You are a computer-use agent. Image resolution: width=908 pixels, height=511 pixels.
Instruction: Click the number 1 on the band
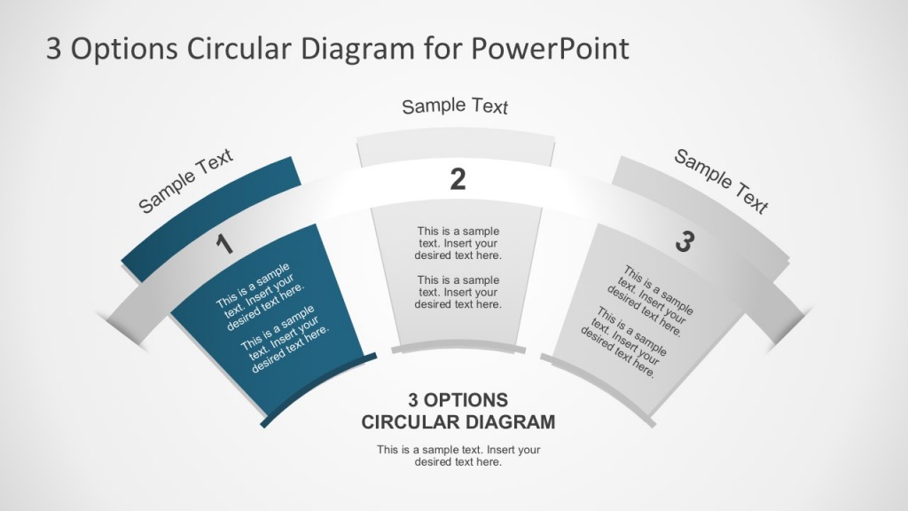[225, 244]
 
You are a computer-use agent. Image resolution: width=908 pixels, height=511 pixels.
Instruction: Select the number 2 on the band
[458, 180]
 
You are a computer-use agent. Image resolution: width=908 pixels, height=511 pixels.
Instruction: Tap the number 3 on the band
[683, 241]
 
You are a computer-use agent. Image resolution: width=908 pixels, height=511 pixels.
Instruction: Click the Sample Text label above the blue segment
[186, 181]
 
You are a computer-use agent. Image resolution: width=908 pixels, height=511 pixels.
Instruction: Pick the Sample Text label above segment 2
[455, 106]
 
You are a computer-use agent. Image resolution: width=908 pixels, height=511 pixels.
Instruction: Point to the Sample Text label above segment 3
[721, 181]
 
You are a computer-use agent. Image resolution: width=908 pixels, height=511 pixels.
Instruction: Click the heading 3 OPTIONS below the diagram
[458, 399]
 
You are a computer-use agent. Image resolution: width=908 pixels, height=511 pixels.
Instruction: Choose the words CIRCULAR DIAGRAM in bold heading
[458, 421]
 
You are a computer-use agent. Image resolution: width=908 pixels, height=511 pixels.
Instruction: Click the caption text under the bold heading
[458, 455]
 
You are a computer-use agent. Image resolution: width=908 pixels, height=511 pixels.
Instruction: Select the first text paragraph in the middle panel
[458, 243]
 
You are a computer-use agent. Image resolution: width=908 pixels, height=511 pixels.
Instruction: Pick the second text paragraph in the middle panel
[458, 292]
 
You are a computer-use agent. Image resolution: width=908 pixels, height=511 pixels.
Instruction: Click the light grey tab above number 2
[456, 148]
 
